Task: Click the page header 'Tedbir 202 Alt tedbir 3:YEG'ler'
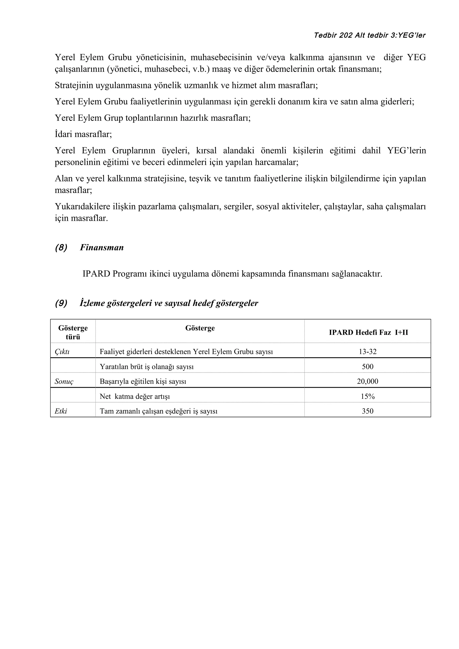click(x=369, y=35)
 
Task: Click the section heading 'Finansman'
click(x=102, y=248)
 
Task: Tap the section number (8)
click(x=61, y=248)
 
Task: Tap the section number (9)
click(x=61, y=303)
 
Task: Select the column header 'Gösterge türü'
click(x=73, y=332)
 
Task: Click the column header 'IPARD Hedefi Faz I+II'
click(x=368, y=332)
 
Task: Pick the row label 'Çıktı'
click(x=62, y=352)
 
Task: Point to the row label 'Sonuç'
click(x=64, y=382)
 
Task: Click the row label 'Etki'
click(x=61, y=411)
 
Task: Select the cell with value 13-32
click(x=367, y=352)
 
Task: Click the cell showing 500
click(x=367, y=367)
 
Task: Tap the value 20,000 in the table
click(x=367, y=382)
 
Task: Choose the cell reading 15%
click(x=367, y=397)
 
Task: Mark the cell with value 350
click(x=367, y=411)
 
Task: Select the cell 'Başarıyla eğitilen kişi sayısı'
click(x=143, y=382)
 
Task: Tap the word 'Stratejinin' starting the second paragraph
click(x=74, y=85)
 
